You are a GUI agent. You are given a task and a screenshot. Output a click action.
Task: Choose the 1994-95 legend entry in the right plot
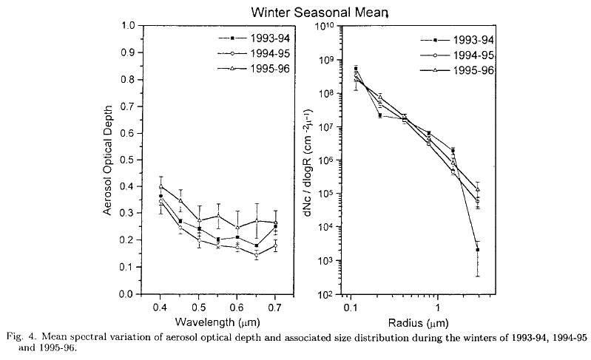click(464, 55)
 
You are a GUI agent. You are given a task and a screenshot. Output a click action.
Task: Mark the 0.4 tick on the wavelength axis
click(160, 305)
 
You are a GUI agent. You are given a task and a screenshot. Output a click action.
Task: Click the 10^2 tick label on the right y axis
click(325, 294)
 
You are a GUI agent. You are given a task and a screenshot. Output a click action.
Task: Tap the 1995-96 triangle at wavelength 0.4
click(161, 186)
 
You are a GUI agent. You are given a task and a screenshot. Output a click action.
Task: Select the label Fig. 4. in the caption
click(16, 338)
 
